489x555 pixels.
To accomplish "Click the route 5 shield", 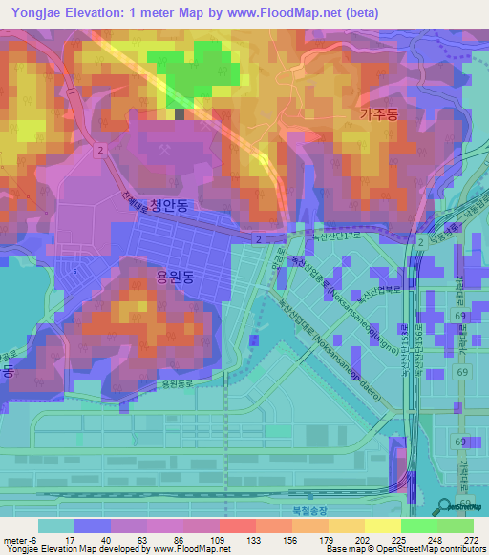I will point(74,271).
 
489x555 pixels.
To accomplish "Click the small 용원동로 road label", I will point(179,384).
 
